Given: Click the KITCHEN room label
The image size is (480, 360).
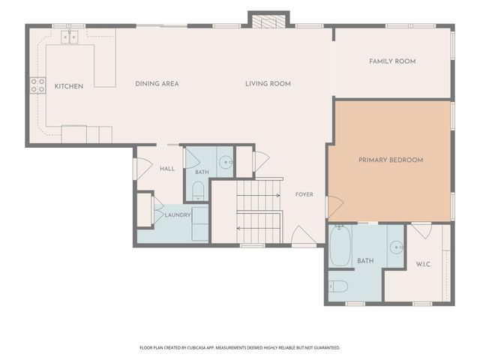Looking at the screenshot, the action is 69,86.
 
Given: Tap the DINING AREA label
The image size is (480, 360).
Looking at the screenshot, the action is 157,83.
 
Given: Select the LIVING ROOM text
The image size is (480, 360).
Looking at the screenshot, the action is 268,83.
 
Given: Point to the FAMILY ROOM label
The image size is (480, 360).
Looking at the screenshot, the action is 392,61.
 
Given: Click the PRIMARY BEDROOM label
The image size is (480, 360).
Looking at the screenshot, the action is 391,160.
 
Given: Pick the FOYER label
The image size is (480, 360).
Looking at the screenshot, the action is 304,194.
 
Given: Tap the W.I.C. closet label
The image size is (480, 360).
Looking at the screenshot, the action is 424,264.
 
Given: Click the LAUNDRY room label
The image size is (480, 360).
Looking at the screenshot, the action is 178,215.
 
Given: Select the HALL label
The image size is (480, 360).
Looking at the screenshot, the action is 167,169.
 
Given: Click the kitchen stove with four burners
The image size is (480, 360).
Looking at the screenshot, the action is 37,85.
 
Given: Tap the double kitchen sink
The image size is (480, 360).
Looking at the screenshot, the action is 70,37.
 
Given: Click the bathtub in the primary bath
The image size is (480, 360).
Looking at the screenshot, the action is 340,247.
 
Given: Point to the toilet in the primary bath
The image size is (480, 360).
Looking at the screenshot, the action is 338,286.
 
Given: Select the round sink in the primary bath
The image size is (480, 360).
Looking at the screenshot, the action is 397,247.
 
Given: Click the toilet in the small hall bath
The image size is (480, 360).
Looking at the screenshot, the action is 198,190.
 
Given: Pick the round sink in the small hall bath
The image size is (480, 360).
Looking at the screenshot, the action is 226,162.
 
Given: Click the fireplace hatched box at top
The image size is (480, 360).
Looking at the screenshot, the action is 268,22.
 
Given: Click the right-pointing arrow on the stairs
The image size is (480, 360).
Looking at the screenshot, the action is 259,195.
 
